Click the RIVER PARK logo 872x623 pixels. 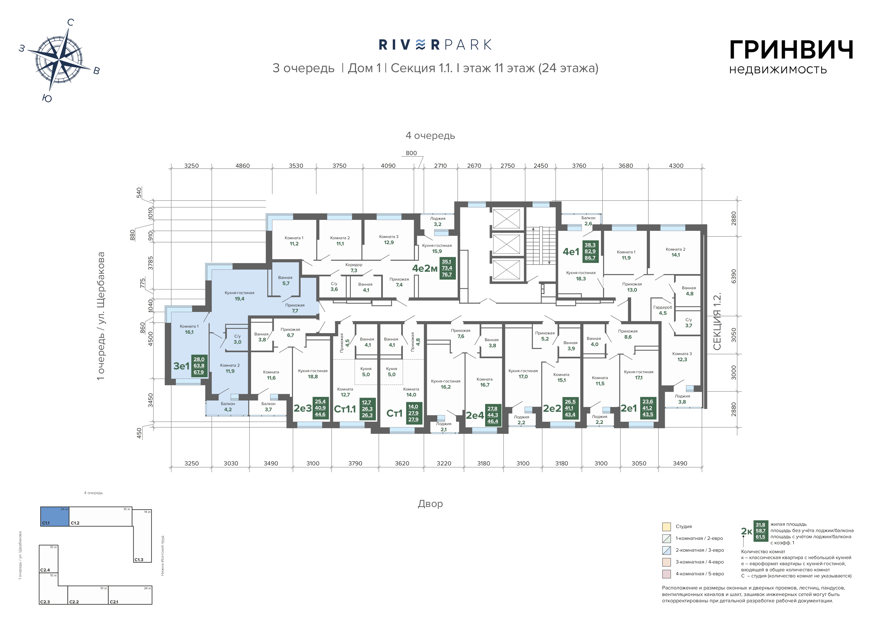coord(435,45)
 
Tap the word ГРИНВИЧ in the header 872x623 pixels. coord(791,50)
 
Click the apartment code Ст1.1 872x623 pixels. coord(345,409)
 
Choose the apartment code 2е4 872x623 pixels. coord(475,415)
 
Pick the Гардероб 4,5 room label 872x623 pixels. coord(663,310)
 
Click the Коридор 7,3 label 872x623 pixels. coord(354,267)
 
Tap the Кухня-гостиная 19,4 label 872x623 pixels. coord(239,296)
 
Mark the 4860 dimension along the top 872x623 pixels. coord(242,166)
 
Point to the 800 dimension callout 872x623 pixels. coord(411,153)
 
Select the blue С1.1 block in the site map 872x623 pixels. coord(55,516)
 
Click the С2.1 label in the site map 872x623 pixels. coord(114,602)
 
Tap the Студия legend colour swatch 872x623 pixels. coord(667,526)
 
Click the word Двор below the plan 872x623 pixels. coord(430,504)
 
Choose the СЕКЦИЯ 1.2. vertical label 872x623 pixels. coord(717,322)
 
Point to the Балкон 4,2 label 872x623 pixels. coord(228,407)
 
